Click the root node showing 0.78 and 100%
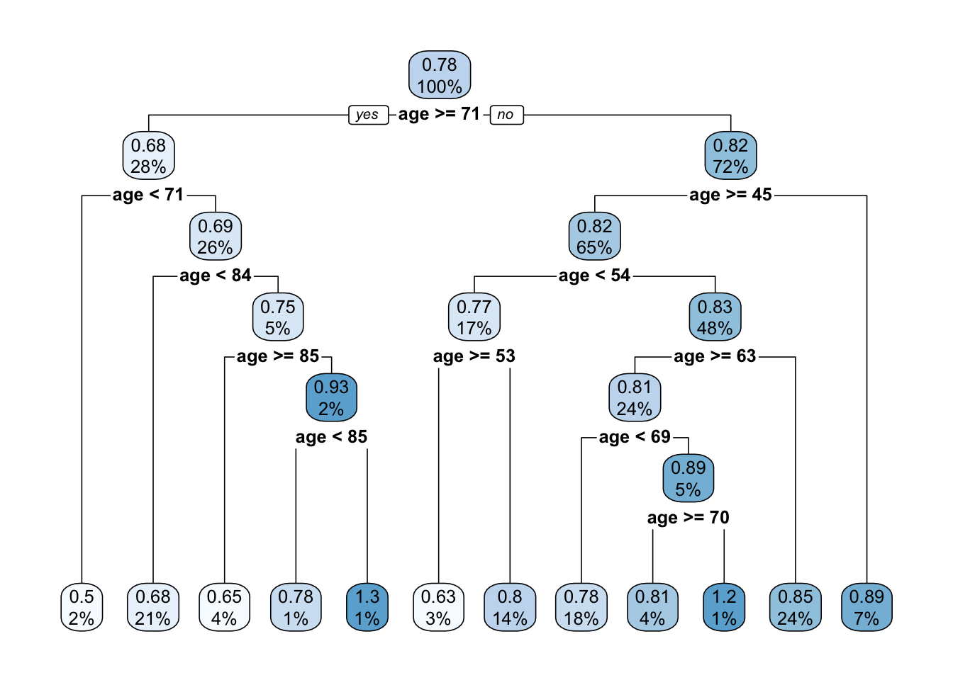pyautogui.click(x=440, y=75)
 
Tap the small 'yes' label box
pyautogui.click(x=368, y=115)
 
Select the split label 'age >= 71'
pyautogui.click(x=439, y=114)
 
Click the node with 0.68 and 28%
pyautogui.click(x=149, y=156)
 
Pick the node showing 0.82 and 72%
pyautogui.click(x=730, y=156)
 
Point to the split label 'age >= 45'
pyautogui.click(x=730, y=195)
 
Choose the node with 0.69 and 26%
pyautogui.click(x=216, y=237)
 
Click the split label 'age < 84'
pyautogui.click(x=216, y=276)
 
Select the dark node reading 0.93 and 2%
pyautogui.click(x=331, y=398)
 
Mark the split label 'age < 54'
pyautogui.click(x=594, y=276)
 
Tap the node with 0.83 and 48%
pyautogui.click(x=715, y=317)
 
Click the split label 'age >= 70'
pyautogui.click(x=688, y=518)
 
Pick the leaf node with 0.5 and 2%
pyautogui.click(x=82, y=607)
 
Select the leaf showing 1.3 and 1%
pyautogui.click(x=367, y=607)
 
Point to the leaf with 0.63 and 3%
pyautogui.click(x=438, y=607)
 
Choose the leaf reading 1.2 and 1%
pyautogui.click(x=724, y=607)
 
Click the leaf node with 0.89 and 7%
pyautogui.click(x=866, y=607)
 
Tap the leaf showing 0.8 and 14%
pyautogui.click(x=510, y=607)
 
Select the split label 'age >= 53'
pyautogui.click(x=474, y=356)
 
